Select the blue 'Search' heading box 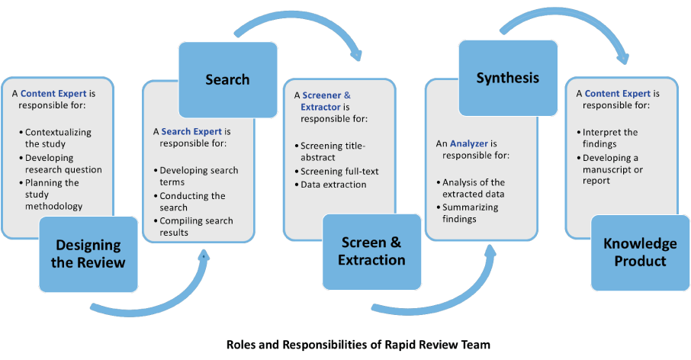227,79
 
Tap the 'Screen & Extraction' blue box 371,252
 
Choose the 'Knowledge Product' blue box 640,252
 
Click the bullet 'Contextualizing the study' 57,137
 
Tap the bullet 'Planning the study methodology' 53,194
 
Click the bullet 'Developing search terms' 199,176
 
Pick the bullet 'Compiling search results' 196,227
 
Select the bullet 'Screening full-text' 339,171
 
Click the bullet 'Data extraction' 333,185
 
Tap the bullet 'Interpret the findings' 610,137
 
